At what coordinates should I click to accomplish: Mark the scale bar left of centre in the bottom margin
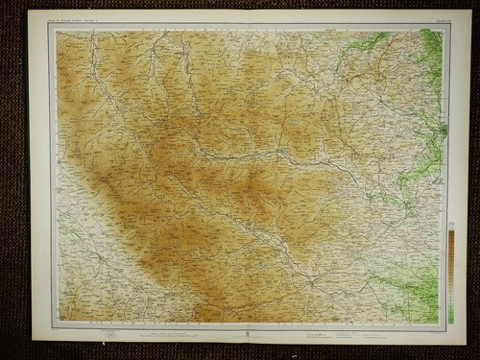click(x=192, y=332)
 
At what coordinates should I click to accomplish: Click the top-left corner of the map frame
click(x=51, y=25)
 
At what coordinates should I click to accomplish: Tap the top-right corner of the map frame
click(x=447, y=25)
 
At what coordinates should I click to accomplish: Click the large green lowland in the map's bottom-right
click(x=413, y=288)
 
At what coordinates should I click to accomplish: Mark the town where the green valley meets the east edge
click(x=442, y=130)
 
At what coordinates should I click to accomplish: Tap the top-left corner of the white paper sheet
click(x=30, y=11)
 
